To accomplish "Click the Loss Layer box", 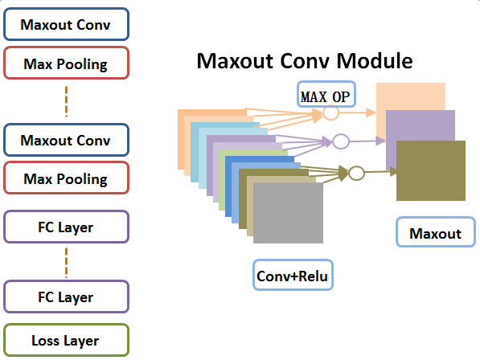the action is click(66, 340).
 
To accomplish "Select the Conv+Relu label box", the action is click(293, 275).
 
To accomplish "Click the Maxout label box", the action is click(436, 232).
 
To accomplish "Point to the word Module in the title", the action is click(375, 60).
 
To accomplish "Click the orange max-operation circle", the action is click(331, 112).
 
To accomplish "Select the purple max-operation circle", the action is click(341, 141).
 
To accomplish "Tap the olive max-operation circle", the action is click(356, 173).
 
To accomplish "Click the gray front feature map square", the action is click(288, 213).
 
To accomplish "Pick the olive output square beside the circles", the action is click(431, 170).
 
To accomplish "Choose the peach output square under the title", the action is click(411, 96).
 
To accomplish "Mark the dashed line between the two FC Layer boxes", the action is click(67, 263).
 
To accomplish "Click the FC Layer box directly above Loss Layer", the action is click(66, 297).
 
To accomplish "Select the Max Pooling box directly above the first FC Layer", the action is click(66, 178).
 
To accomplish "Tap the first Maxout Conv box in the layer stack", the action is click(66, 24).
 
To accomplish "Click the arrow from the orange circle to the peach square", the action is click(357, 112).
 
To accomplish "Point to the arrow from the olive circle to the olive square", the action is click(381, 172).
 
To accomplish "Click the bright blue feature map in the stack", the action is click(228, 186).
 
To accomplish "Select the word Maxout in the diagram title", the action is click(235, 60).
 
